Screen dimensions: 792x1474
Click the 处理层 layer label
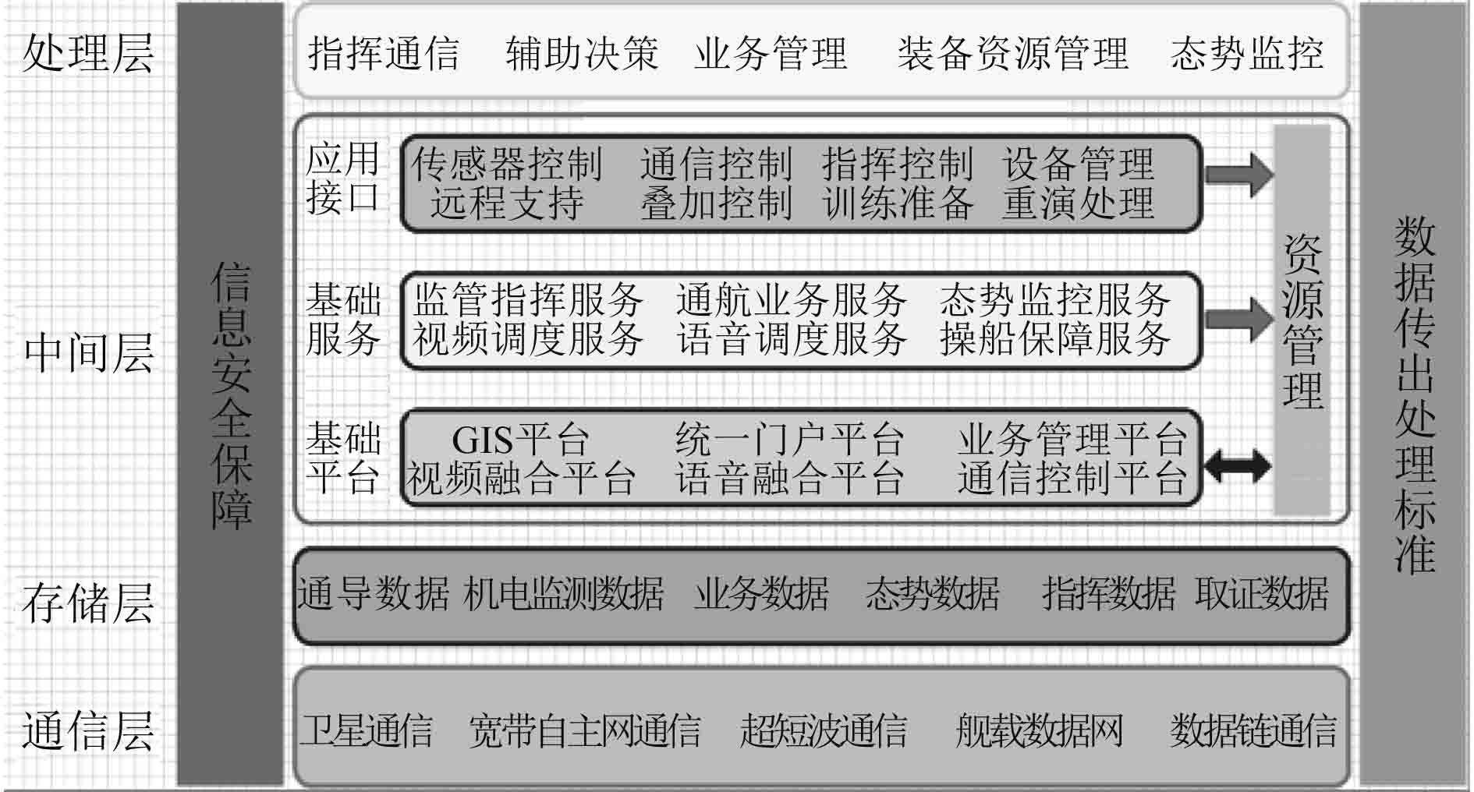pos(87,53)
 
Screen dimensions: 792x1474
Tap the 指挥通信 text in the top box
pos(383,53)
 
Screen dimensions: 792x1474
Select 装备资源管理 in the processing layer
pos(1012,53)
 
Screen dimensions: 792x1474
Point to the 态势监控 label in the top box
pos(1246,53)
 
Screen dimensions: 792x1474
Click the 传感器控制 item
pos(507,164)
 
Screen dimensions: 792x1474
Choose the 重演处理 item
pos(1078,203)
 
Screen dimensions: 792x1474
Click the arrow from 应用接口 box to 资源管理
pos(1238,174)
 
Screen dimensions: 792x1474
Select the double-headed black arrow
pos(1238,466)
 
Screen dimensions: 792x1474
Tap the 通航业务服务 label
pos(791,299)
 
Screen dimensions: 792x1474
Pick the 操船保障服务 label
pos(1054,338)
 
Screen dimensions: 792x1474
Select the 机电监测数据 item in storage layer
pos(563,594)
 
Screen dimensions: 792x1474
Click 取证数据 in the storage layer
pos(1261,594)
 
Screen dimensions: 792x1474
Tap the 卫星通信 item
pos(367,730)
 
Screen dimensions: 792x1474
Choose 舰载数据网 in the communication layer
pos(1039,730)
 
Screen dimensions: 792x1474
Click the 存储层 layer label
pos(87,603)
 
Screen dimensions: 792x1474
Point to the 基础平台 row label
pos(343,458)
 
